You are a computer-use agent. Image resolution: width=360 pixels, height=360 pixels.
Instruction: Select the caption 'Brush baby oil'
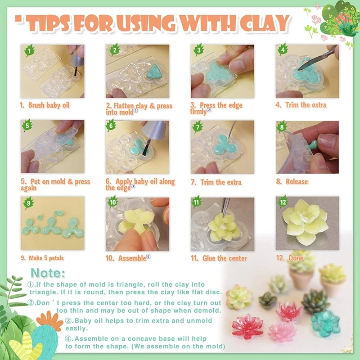(x=45, y=105)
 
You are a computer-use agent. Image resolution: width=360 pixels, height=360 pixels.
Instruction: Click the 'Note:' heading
(x=48, y=273)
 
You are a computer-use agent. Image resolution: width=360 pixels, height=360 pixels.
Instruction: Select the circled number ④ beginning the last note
(x=69, y=338)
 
